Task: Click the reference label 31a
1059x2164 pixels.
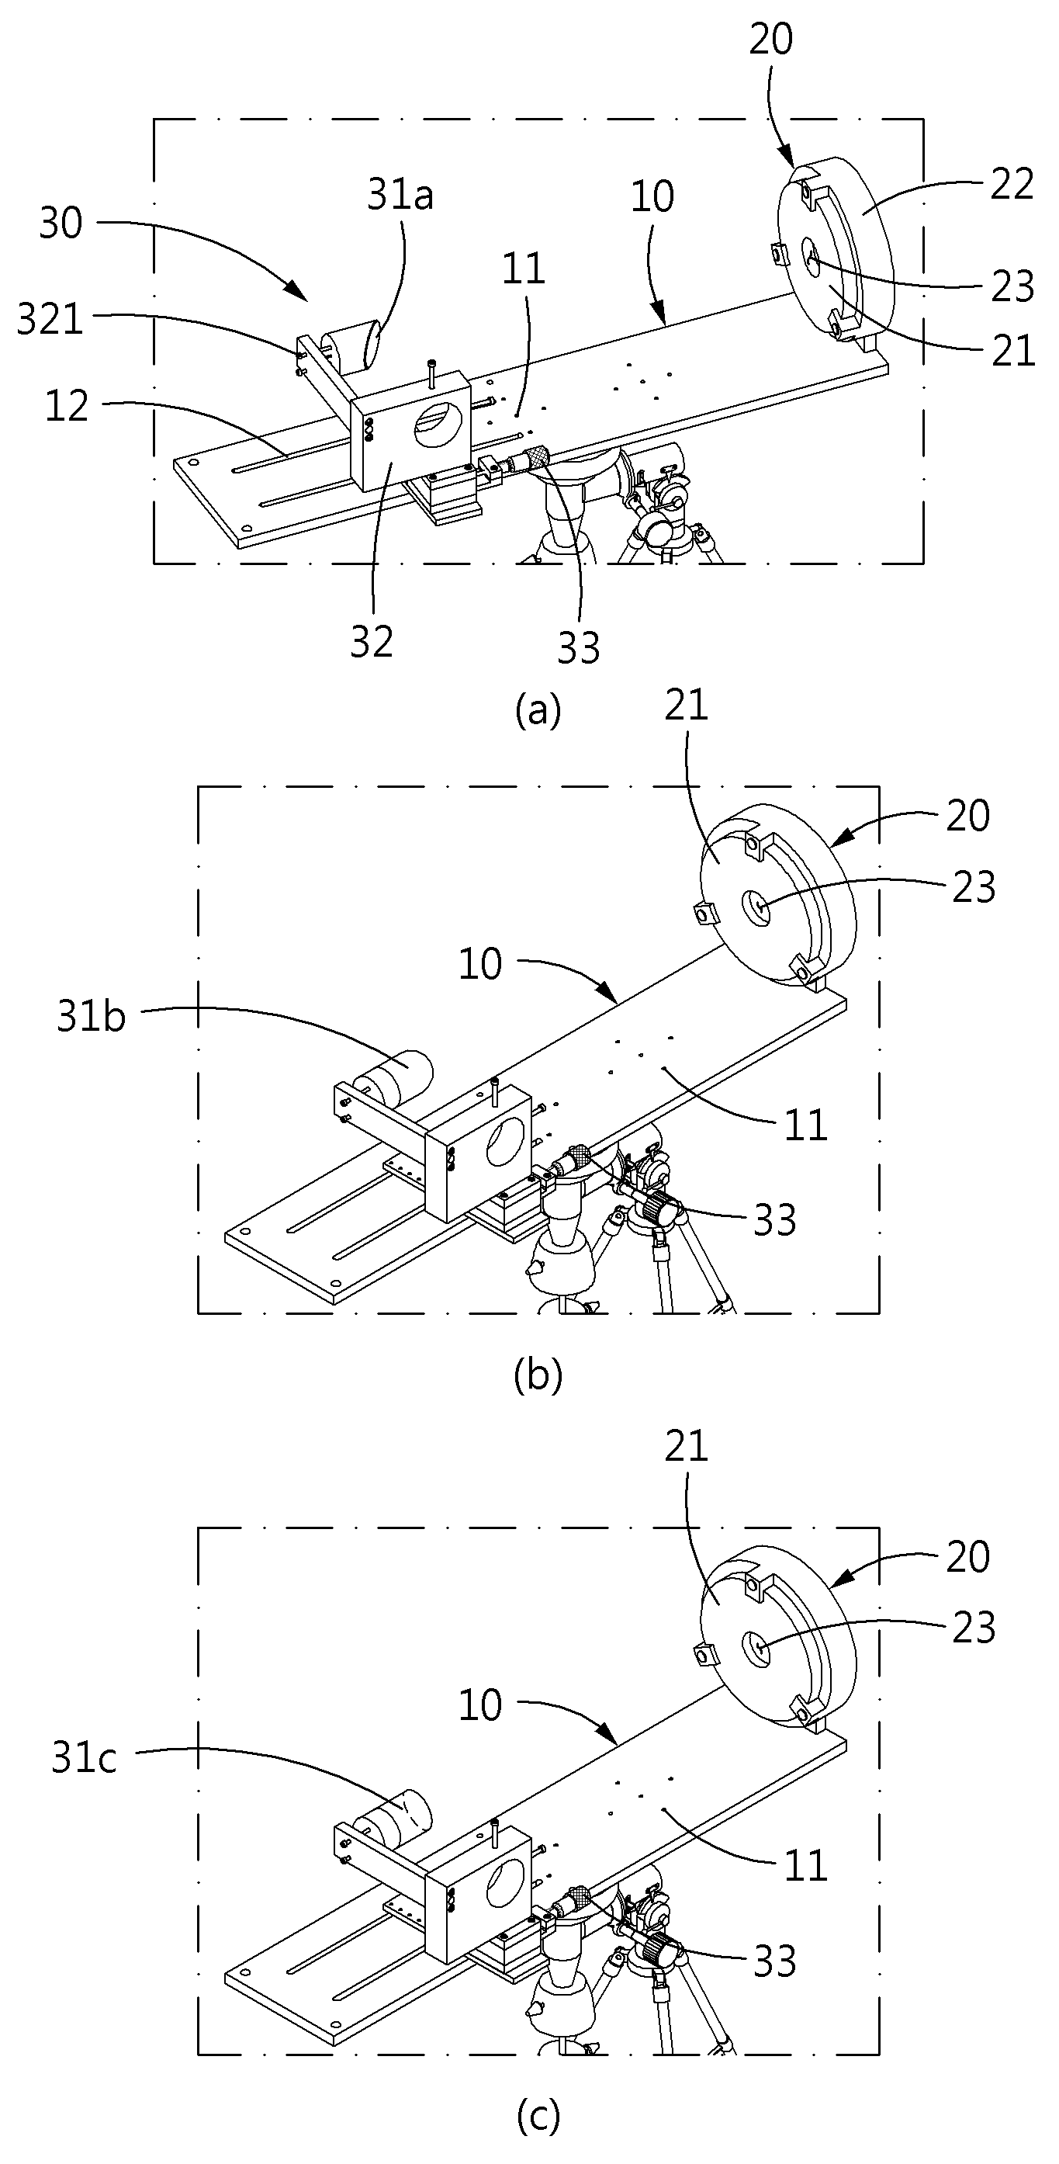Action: (x=400, y=196)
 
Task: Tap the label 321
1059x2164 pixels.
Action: (x=50, y=321)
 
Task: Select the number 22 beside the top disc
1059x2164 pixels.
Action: (x=1011, y=184)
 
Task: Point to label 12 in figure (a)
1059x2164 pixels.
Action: (x=67, y=406)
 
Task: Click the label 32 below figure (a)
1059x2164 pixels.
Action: (x=371, y=643)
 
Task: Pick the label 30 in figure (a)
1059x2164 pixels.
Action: (x=61, y=224)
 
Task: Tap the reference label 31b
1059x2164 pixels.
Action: (x=92, y=1017)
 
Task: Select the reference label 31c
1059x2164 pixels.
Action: (x=84, y=1758)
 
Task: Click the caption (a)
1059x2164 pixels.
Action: (x=538, y=712)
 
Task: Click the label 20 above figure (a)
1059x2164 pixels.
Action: (x=770, y=40)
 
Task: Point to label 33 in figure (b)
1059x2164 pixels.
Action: (x=774, y=1219)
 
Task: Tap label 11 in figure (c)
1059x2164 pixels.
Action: (x=806, y=1866)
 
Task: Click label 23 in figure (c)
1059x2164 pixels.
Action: (x=974, y=1627)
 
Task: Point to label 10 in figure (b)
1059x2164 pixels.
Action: (x=479, y=963)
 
